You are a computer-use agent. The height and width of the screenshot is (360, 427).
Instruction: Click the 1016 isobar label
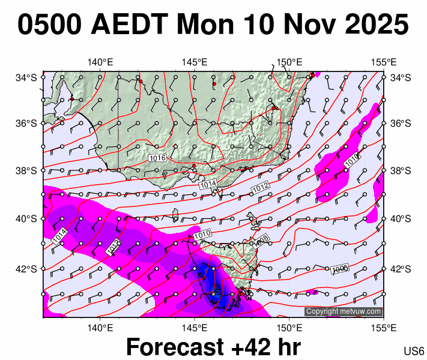coord(157,158)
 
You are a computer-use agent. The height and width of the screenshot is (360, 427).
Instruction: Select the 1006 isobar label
coord(341,269)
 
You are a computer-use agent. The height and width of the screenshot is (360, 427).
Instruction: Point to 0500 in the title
coord(50,25)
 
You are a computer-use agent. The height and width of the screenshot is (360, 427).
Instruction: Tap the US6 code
coord(414,351)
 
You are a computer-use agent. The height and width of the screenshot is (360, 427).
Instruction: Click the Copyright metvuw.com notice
coord(344,311)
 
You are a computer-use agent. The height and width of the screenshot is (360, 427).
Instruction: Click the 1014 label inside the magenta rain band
coord(59,236)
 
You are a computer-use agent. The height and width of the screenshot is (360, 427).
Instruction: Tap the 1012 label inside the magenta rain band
coord(113,247)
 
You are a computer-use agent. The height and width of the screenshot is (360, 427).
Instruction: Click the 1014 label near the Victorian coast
coord(208,185)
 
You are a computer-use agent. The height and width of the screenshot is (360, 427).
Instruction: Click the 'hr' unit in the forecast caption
coord(287,347)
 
